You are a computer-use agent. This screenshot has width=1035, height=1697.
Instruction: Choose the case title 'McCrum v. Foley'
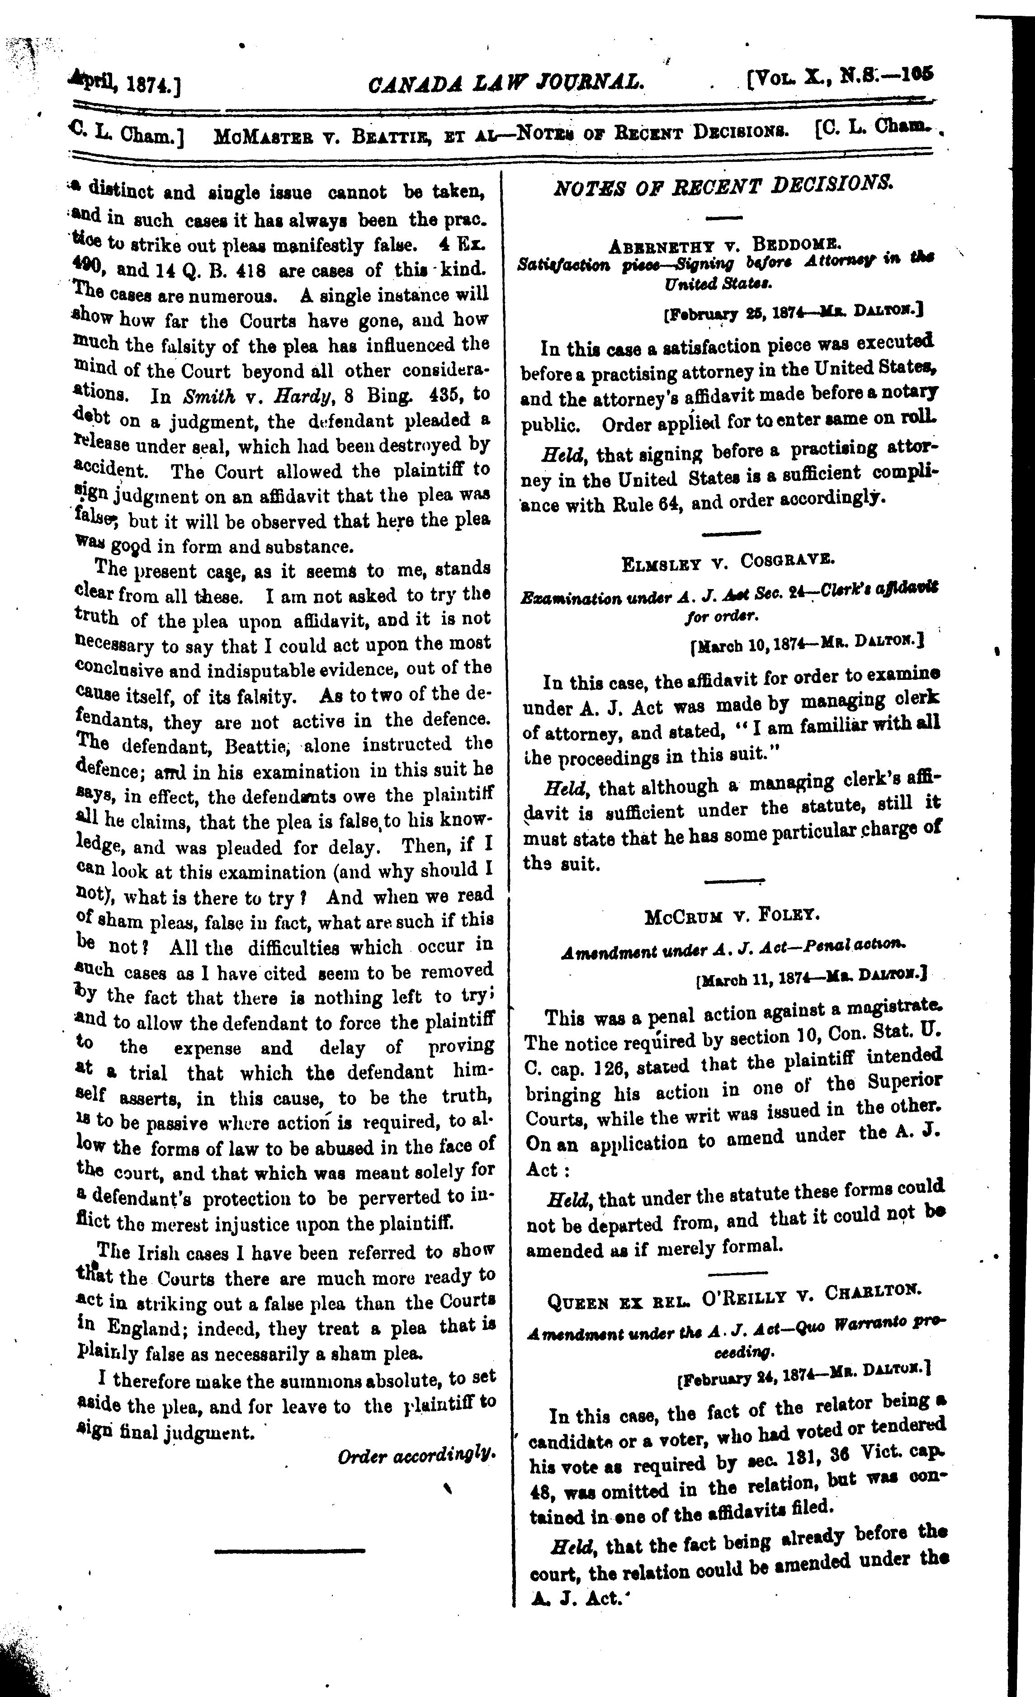point(732,916)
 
